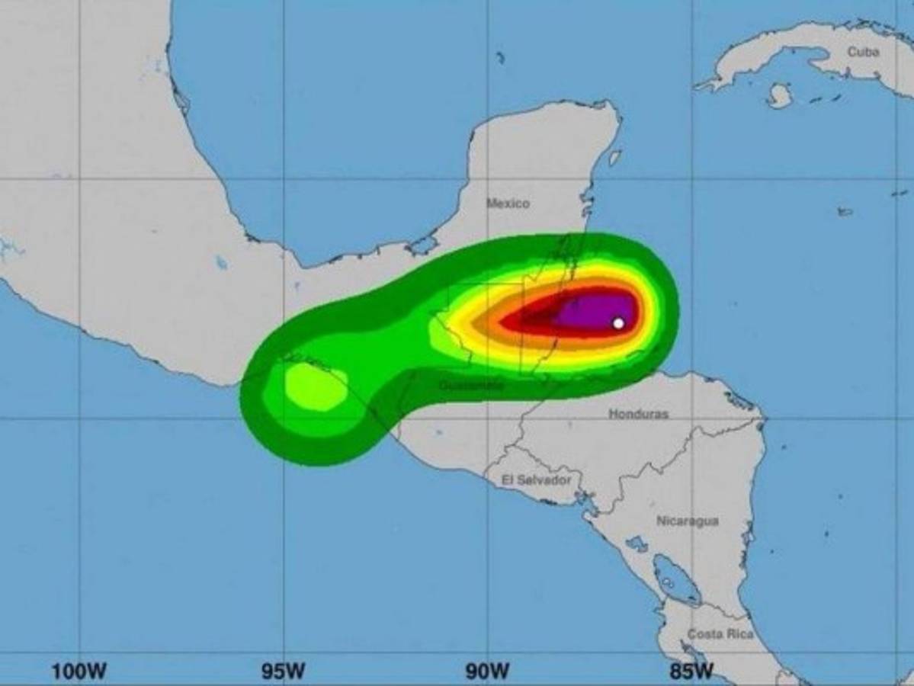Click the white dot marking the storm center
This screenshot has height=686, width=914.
(618, 323)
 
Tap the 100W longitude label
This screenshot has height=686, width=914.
(79, 672)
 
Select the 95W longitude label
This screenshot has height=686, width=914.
(284, 672)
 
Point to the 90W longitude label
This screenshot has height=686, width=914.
(488, 672)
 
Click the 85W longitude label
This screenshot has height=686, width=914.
(692, 672)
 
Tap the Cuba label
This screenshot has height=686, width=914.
(862, 52)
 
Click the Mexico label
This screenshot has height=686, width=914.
(508, 204)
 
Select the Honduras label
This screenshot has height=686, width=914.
(638, 414)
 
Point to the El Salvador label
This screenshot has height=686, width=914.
(536, 480)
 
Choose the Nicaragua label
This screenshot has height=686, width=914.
(687, 521)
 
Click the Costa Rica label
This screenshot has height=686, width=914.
(720, 634)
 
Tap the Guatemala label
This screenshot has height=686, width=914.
(471, 386)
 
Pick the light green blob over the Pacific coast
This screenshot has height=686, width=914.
(315, 386)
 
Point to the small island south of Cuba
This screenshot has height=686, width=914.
(779, 96)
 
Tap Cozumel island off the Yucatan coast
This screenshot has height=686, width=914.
(614, 158)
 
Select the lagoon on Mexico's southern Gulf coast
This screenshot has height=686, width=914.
(422, 245)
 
